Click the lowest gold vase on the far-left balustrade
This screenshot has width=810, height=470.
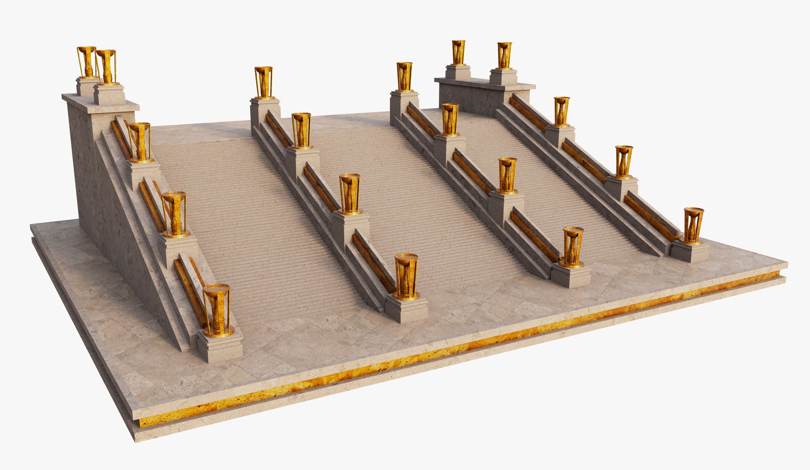coord(217,310)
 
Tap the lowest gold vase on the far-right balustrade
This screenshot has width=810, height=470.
coord(692,225)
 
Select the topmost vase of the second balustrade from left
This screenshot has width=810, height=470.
coord(263,82)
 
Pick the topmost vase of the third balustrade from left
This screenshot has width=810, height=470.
coord(404,77)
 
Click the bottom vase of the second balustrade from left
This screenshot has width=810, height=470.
coord(406,277)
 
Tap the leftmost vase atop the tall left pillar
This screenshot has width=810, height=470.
coord(86,61)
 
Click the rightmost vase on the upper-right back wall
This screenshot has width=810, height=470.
coord(504,55)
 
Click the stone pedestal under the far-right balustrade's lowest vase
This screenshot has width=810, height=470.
coord(690,252)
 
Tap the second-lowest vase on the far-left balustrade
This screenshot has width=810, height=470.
coord(175,214)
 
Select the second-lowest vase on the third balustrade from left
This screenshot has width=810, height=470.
coord(507,175)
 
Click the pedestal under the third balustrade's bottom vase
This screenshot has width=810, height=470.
coord(571,276)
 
